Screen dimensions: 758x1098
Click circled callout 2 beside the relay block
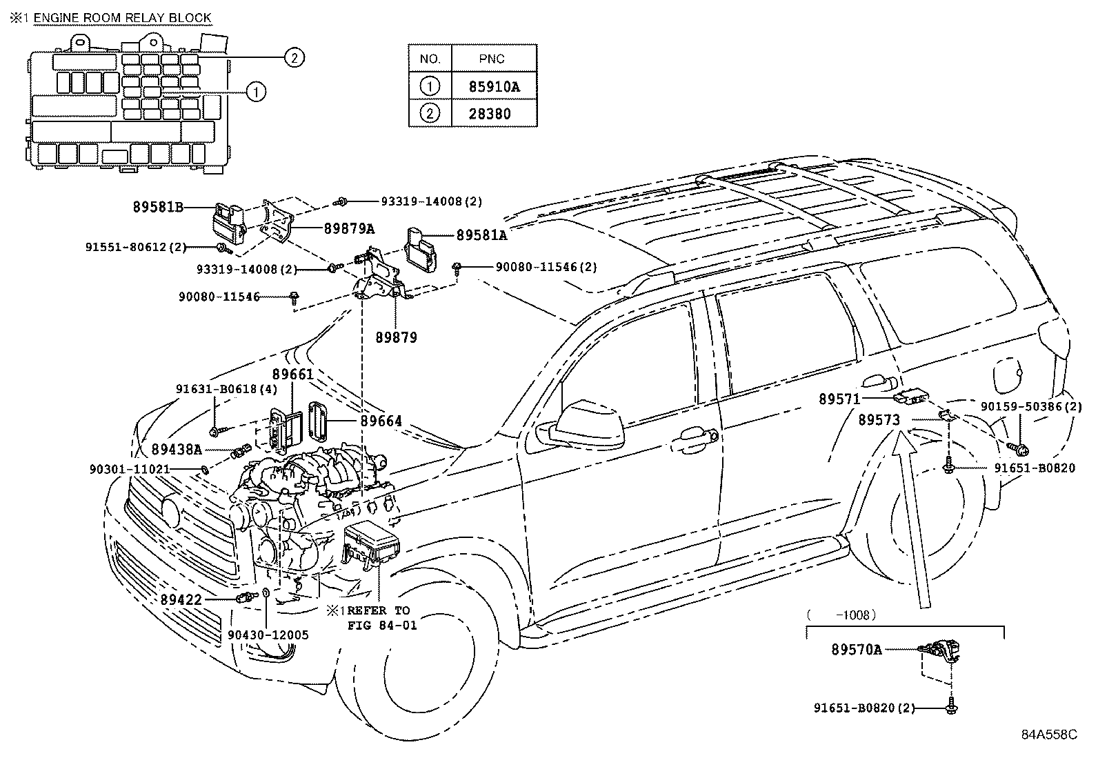pos(293,58)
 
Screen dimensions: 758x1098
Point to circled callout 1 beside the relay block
pos(255,91)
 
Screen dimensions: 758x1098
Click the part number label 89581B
pos(158,206)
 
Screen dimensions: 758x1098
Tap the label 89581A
pos(481,235)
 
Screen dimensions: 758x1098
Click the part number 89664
pos(381,421)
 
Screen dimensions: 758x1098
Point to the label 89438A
pos(177,449)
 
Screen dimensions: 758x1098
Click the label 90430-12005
pos(268,635)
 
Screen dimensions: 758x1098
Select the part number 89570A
pos(857,649)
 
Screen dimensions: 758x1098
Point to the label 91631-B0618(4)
pos(227,389)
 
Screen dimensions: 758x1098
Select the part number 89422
pos(181,600)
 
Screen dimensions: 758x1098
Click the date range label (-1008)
pos(841,614)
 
